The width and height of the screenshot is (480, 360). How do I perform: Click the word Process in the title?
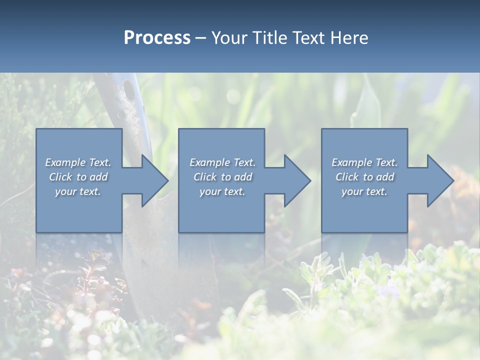[x=157, y=38]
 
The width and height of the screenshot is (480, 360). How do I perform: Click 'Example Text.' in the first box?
[x=78, y=162]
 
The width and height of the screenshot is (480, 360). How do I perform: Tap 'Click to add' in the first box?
[x=78, y=177]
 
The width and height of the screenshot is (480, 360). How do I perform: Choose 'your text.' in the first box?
[x=78, y=191]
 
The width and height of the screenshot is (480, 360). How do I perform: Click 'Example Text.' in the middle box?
[x=222, y=162]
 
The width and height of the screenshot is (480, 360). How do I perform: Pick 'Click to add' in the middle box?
[x=222, y=177]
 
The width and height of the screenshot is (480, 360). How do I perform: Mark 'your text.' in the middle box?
[x=222, y=191]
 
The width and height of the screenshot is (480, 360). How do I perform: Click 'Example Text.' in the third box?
[x=364, y=162]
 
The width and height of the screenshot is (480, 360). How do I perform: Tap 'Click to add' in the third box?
[x=364, y=177]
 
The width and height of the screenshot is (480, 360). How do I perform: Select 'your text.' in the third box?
[x=364, y=191]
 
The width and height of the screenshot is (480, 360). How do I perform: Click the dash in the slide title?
[x=201, y=38]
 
